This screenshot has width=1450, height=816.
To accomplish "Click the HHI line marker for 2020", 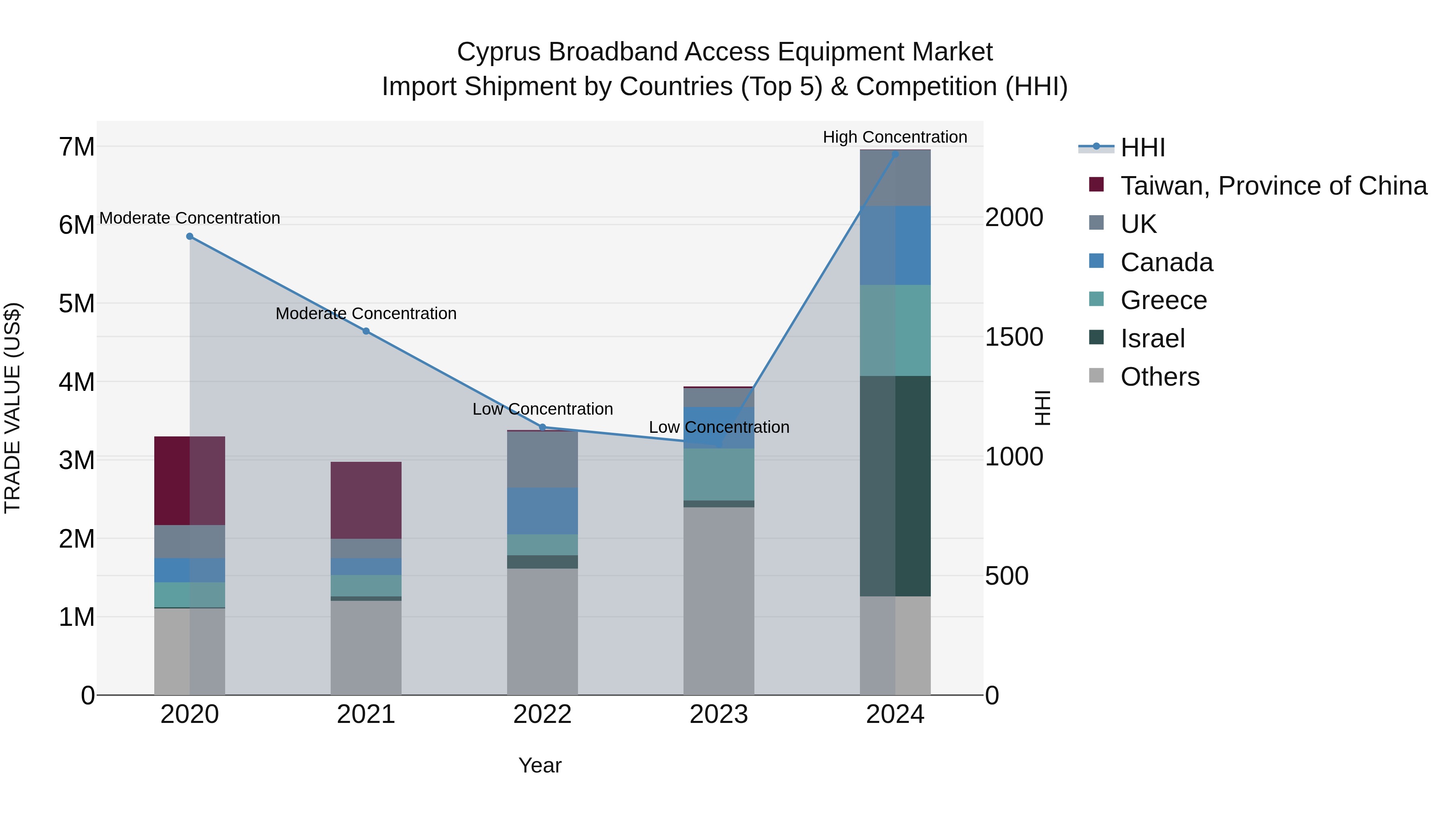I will tap(190, 237).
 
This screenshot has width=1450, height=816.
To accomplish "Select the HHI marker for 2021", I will tap(366, 331).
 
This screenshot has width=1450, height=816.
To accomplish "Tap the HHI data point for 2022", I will tap(543, 428).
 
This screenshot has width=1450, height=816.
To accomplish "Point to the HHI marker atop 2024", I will tap(895, 154).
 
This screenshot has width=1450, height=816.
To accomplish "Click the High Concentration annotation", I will tap(895, 137).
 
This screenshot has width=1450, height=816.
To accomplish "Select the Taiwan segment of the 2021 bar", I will tap(366, 500).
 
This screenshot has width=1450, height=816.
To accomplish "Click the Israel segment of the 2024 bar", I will tap(895, 486).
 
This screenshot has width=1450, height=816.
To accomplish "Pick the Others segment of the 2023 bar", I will tap(719, 600).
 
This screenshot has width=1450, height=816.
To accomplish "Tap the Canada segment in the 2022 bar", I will tap(543, 511).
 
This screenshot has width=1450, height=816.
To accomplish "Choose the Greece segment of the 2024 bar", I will tap(895, 330).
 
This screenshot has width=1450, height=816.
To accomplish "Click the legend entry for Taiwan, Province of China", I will tap(1273, 186).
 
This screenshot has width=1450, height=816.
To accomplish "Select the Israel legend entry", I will tap(1152, 338).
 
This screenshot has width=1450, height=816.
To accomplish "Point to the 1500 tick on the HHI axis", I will tap(1014, 337).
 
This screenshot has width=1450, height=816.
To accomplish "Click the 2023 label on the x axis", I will tap(719, 714).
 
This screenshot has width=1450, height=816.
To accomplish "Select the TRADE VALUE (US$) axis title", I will tap(13, 408).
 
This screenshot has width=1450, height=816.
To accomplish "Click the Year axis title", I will tap(540, 765).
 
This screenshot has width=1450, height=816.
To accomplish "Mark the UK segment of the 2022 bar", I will tap(543, 459).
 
